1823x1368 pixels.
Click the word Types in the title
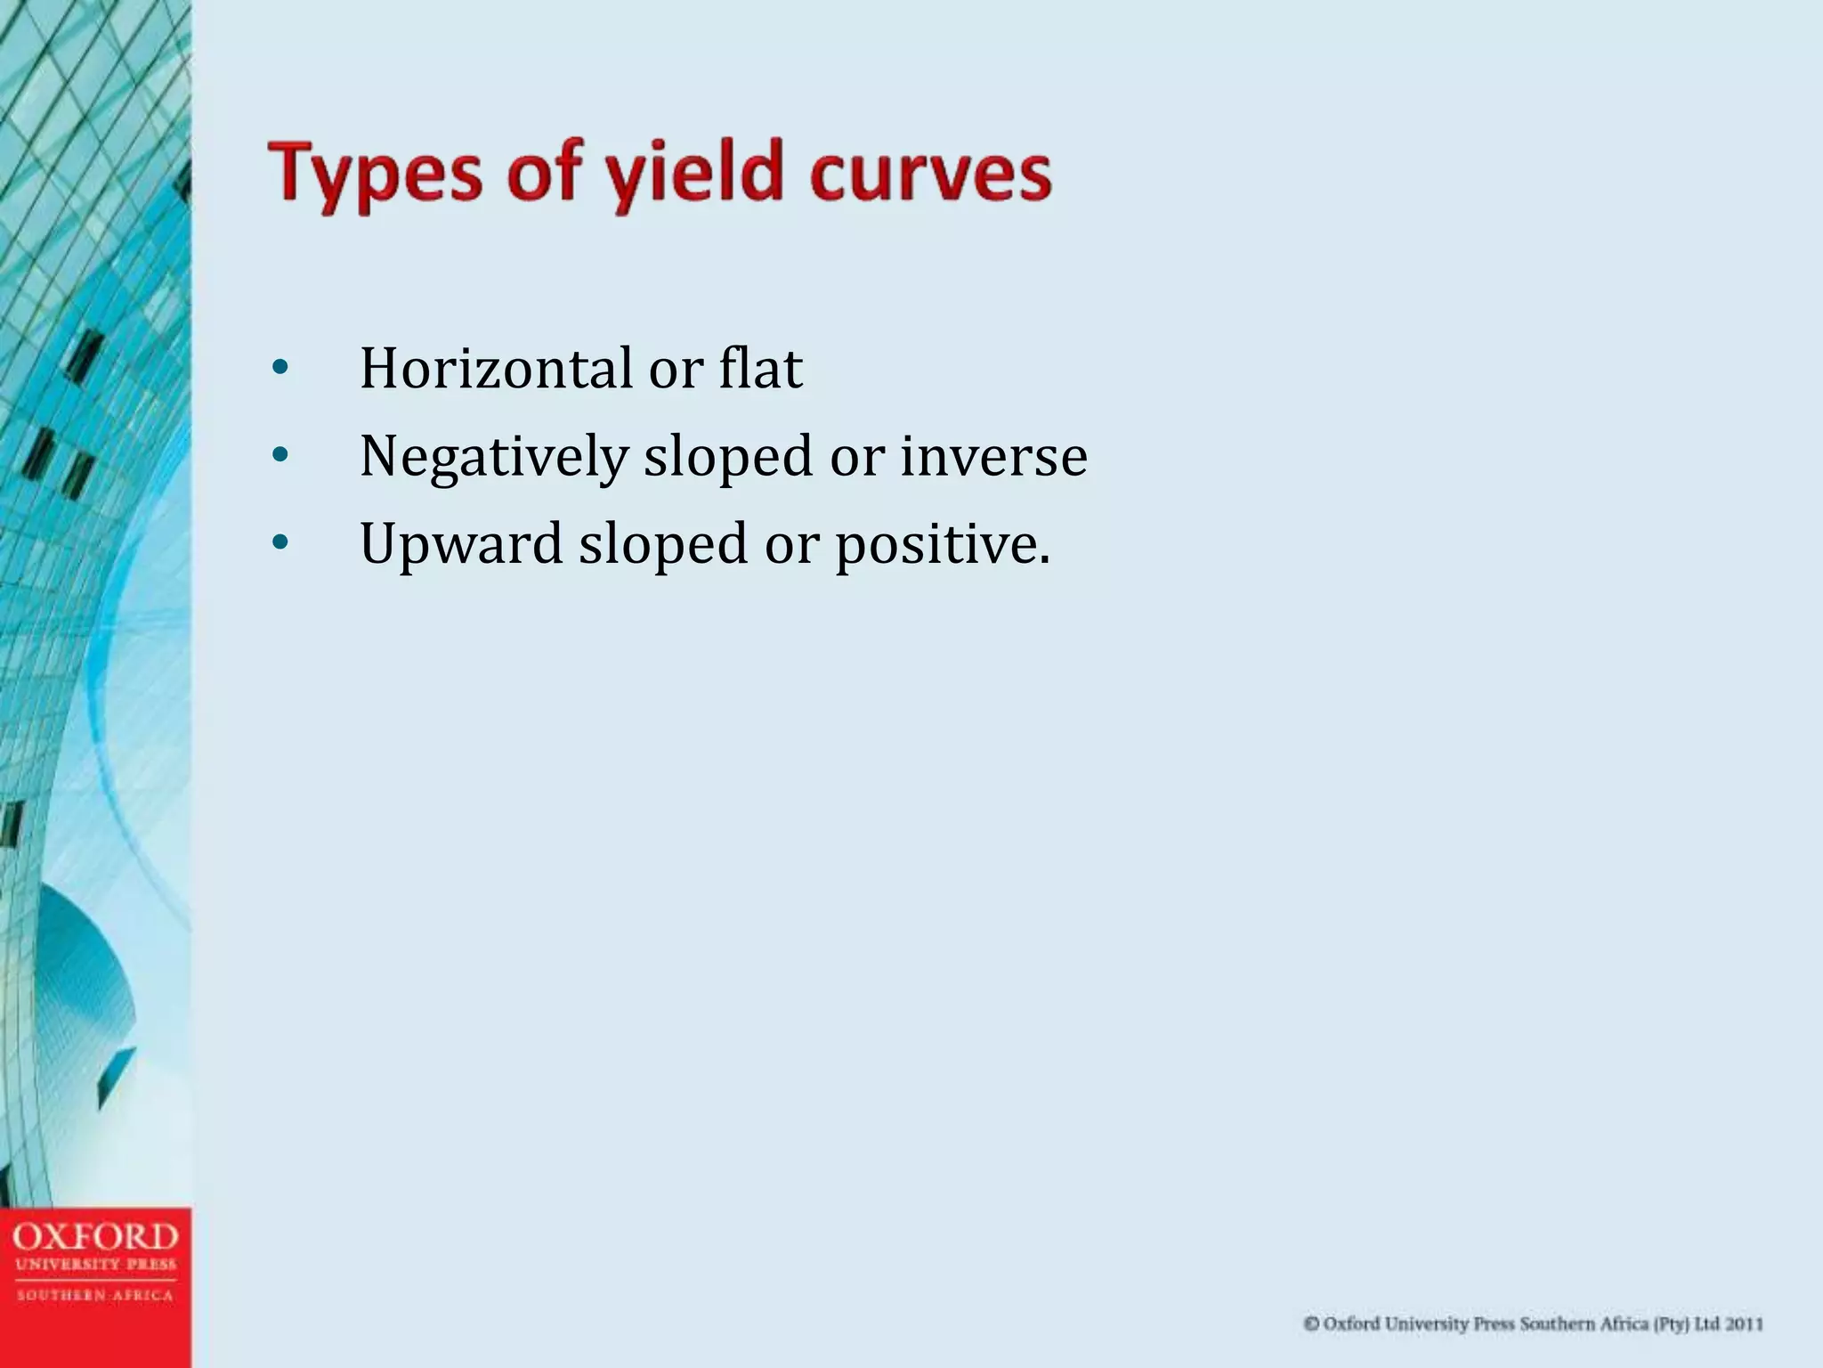pyautogui.click(x=375, y=175)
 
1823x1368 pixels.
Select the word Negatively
pyautogui.click(x=494, y=457)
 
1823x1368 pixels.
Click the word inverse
pyautogui.click(x=993, y=457)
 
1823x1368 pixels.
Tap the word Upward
pyautogui.click(x=461, y=543)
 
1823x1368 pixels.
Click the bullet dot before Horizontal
pyautogui.click(x=280, y=369)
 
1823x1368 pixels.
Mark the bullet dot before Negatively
pyautogui.click(x=280, y=457)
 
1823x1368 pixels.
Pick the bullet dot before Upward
pyautogui.click(x=280, y=543)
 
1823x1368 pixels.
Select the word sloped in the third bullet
pyautogui.click(x=663, y=543)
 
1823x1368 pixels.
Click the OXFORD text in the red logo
pyautogui.click(x=95, y=1237)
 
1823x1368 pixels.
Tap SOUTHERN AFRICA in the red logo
pyautogui.click(x=95, y=1296)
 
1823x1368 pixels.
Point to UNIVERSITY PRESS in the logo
pyautogui.click(x=95, y=1265)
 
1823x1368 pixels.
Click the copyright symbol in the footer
pyautogui.click(x=1311, y=1324)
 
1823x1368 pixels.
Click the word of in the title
pyautogui.click(x=544, y=175)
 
